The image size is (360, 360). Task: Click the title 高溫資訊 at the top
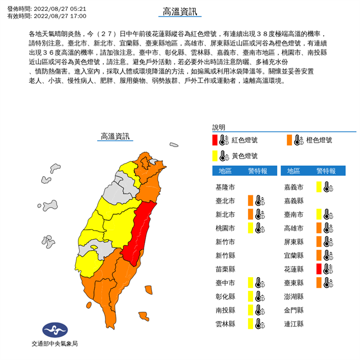coord(179,12)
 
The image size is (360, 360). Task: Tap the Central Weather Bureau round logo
coord(54,330)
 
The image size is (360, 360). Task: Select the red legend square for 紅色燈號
coord(215,140)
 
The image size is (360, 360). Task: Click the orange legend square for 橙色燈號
coord(289,140)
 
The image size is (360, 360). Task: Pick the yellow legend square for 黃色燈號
coord(215,155)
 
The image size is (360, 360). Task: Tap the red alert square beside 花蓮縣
coord(318,269)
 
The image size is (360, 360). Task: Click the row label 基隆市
coord(226,187)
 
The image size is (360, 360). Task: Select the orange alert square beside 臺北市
coord(250,200)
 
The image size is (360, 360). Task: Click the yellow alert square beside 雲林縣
coord(250,324)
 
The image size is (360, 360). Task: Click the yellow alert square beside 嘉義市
coord(318,187)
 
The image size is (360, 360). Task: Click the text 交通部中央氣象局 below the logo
coord(54,344)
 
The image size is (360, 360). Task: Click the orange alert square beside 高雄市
coord(318,228)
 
